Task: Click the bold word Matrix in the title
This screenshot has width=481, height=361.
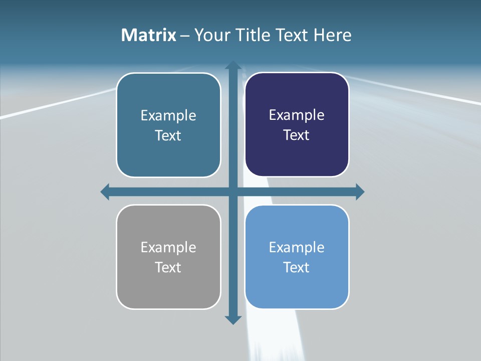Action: coord(149,35)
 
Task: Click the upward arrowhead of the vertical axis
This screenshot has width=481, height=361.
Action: coord(233,66)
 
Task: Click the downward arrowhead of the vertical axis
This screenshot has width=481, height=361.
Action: coord(233,319)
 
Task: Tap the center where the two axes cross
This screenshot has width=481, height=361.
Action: coord(233,192)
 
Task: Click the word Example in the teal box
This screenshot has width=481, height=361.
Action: coord(168,116)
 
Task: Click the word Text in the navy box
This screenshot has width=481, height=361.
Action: coord(297,135)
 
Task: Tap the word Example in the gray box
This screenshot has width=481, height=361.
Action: coord(168,248)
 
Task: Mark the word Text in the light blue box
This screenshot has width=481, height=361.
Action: coord(297,268)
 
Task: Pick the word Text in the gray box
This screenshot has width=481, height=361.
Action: coord(168,268)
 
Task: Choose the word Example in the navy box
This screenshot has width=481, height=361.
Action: coord(297,115)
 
